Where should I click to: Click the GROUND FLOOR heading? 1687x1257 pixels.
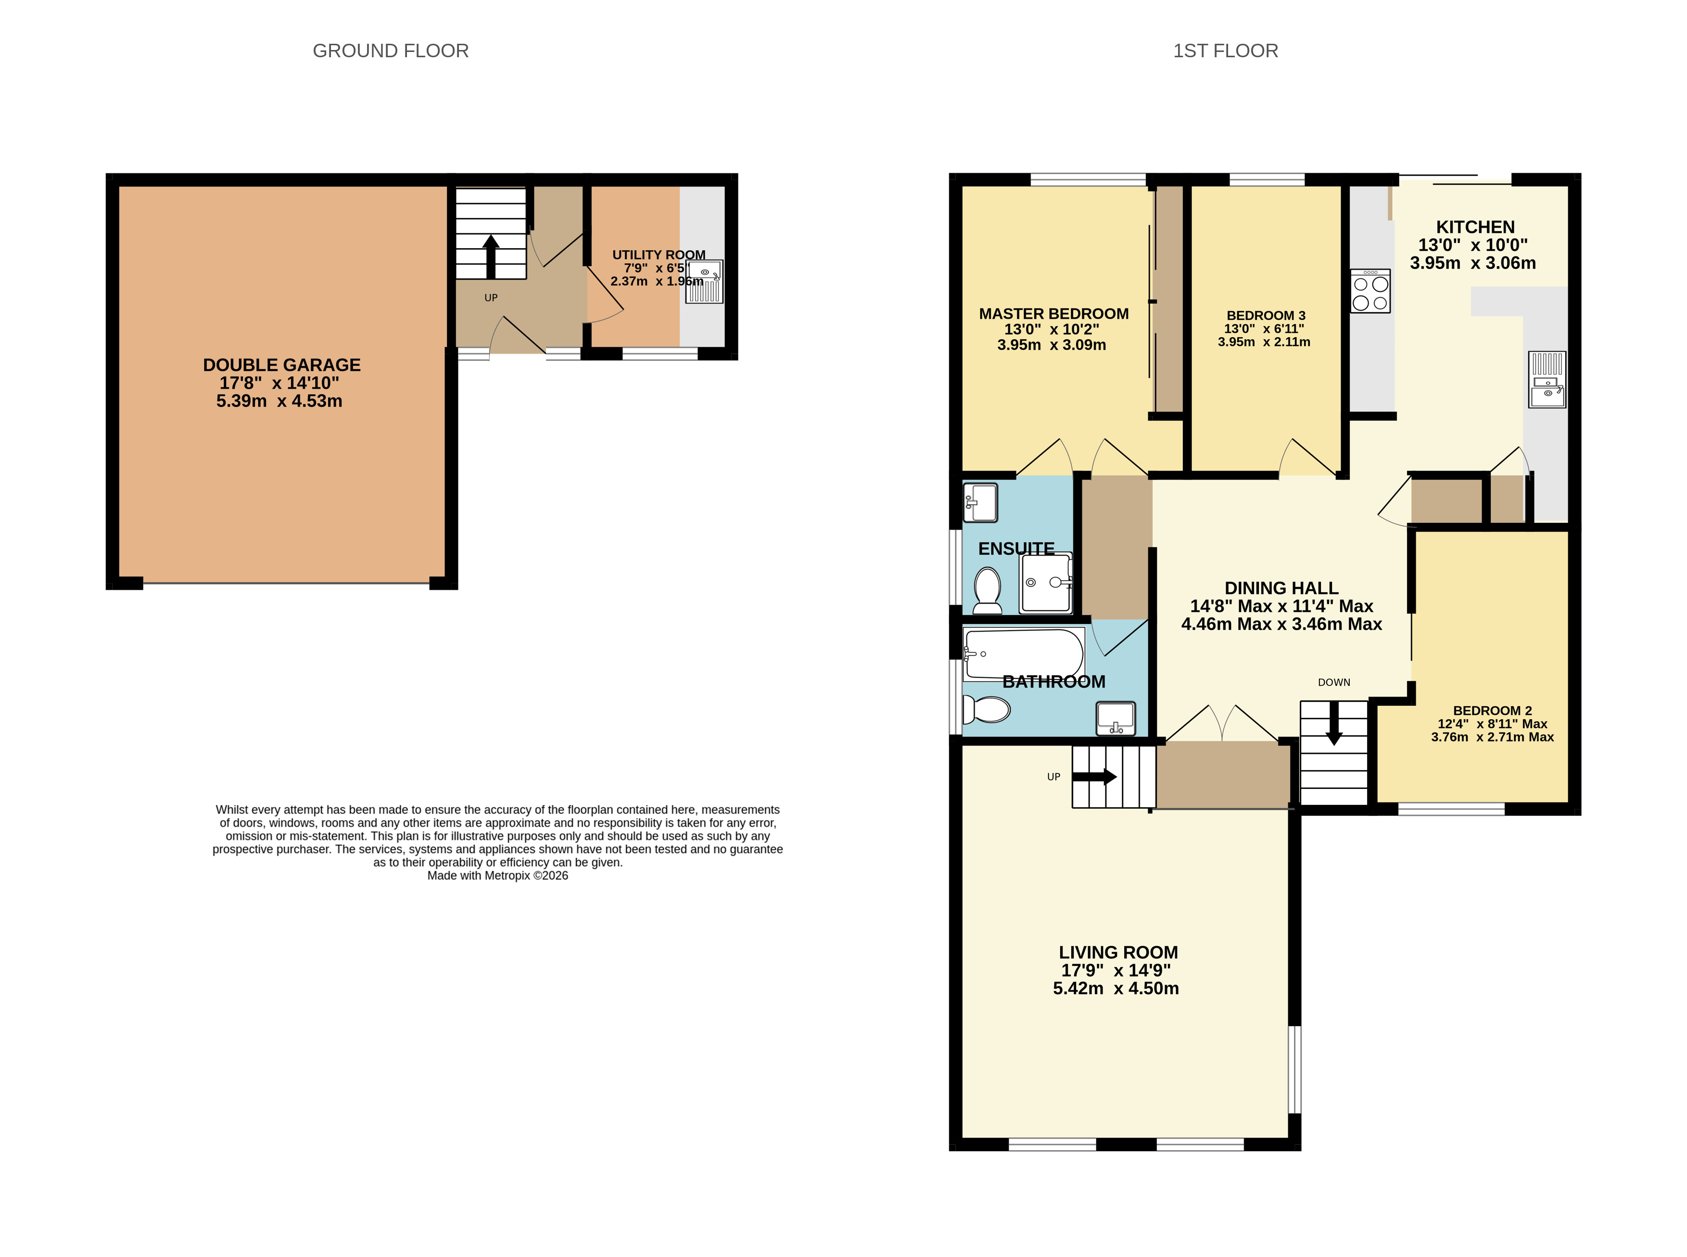[390, 51]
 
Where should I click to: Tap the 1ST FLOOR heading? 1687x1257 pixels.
[1225, 51]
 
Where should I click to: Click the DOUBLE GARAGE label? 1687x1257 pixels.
[281, 365]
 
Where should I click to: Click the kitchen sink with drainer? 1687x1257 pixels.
[1547, 379]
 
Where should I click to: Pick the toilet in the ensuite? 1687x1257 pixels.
[988, 590]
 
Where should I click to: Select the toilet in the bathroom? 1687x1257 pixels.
[986, 709]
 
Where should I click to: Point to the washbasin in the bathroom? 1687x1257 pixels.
[1116, 718]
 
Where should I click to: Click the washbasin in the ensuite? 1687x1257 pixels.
[980, 502]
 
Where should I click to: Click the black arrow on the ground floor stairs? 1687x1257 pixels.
[491, 256]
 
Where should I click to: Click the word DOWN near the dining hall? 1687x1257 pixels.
[1334, 683]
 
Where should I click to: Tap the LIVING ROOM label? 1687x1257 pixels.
[1118, 952]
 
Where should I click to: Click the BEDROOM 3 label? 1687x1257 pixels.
[1266, 316]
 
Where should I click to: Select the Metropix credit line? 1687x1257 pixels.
[498, 876]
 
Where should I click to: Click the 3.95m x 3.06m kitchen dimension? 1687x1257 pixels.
[1472, 263]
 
